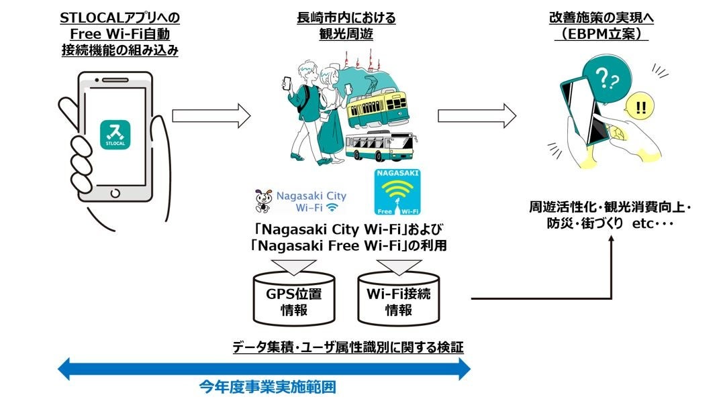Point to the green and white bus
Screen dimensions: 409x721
click(x=379, y=145)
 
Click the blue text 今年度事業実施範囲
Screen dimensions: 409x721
click(x=267, y=387)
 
